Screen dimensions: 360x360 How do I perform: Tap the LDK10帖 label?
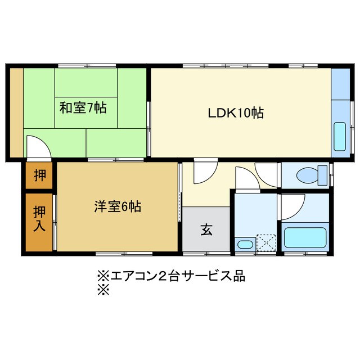click(236, 112)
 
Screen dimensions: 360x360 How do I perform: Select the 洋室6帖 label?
click(118, 206)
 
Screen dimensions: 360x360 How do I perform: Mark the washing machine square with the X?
click(265, 242)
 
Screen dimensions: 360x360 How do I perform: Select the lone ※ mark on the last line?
click(102, 290)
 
